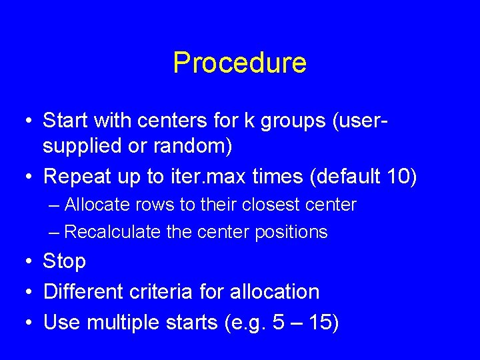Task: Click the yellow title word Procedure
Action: (x=239, y=63)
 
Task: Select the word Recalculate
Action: (x=105, y=232)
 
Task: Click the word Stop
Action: (x=64, y=261)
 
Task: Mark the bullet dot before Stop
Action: (x=27, y=261)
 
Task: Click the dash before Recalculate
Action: (x=55, y=232)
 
